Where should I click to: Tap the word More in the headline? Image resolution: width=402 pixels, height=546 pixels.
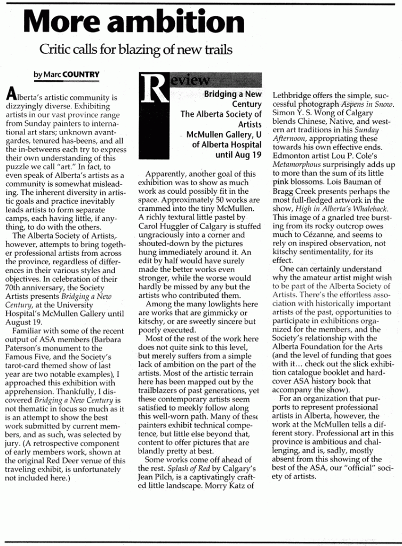(62, 22)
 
